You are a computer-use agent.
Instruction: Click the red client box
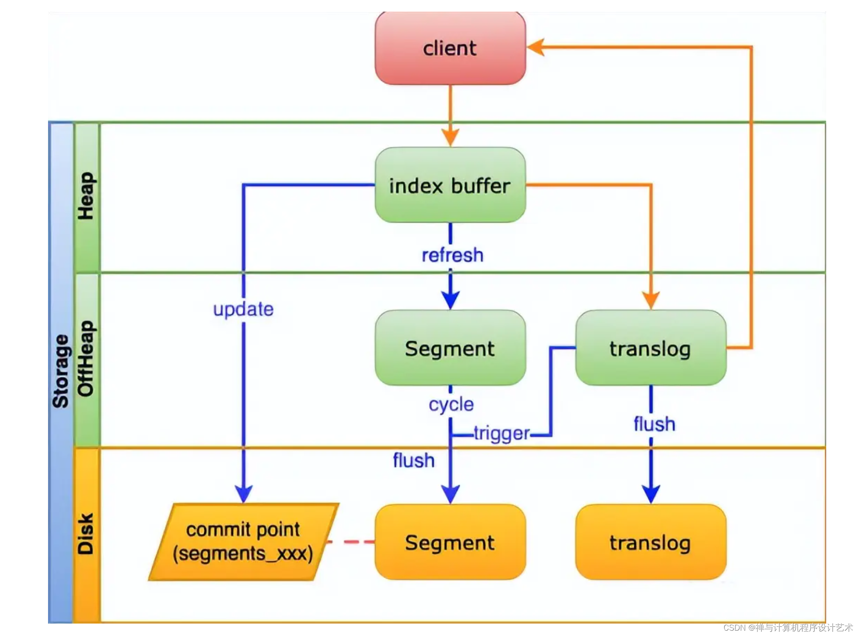tap(450, 48)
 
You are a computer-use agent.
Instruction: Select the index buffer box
tap(450, 185)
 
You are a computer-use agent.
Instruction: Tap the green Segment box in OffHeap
tap(450, 348)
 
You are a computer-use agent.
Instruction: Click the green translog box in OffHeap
tap(650, 348)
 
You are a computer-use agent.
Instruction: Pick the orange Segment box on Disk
tap(450, 542)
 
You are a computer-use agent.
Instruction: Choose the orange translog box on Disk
tap(650, 542)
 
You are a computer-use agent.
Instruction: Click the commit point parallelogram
tap(243, 541)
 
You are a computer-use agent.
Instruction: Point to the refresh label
tap(452, 255)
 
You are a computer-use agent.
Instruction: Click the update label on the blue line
tap(243, 309)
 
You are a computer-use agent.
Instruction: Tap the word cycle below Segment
tap(451, 404)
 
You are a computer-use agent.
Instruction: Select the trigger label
tap(502, 433)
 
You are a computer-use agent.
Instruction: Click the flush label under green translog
tap(654, 424)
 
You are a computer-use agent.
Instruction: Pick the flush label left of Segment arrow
tap(414, 460)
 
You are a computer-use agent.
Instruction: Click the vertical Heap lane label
tap(86, 196)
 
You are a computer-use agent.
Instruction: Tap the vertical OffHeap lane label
tap(86, 358)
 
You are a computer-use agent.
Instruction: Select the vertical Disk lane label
tap(86, 534)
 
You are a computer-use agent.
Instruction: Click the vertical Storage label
tap(61, 372)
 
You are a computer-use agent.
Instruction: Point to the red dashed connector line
tap(351, 542)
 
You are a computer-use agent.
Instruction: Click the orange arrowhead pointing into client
tap(536, 47)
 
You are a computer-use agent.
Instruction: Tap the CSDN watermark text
tap(788, 627)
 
